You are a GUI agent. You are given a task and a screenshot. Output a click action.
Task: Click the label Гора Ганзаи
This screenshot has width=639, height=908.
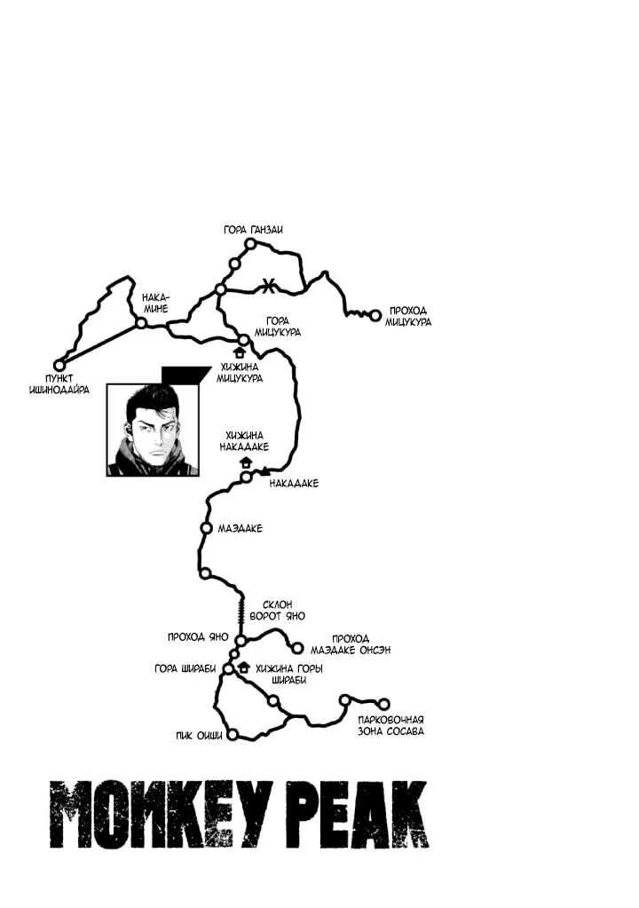click(254, 230)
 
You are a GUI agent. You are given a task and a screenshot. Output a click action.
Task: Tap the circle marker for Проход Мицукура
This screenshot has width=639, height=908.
click(375, 314)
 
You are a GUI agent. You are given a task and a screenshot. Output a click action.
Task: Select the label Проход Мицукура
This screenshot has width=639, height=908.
click(408, 316)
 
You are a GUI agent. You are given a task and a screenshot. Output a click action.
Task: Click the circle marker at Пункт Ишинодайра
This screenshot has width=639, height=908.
click(59, 365)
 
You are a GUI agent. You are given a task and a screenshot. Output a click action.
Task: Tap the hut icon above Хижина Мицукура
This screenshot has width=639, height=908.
click(238, 352)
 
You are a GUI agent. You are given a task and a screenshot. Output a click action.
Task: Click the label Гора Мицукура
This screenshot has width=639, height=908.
click(283, 326)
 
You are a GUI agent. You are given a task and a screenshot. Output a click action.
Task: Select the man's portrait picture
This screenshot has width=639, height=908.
click(154, 430)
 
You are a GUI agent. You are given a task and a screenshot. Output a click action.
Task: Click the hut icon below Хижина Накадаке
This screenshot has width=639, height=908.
click(246, 462)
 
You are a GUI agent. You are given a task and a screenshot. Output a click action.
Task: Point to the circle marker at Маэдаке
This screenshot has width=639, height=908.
click(206, 528)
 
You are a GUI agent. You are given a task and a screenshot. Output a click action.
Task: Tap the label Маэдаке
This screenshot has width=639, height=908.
click(240, 528)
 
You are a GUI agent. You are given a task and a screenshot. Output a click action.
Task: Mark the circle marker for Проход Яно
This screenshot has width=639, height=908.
click(240, 639)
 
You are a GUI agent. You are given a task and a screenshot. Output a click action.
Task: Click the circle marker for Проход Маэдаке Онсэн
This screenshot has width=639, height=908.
click(298, 648)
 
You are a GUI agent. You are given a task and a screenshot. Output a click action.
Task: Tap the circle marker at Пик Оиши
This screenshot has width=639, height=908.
click(233, 735)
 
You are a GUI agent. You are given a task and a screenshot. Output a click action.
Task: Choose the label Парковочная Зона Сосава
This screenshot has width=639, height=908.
click(390, 725)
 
